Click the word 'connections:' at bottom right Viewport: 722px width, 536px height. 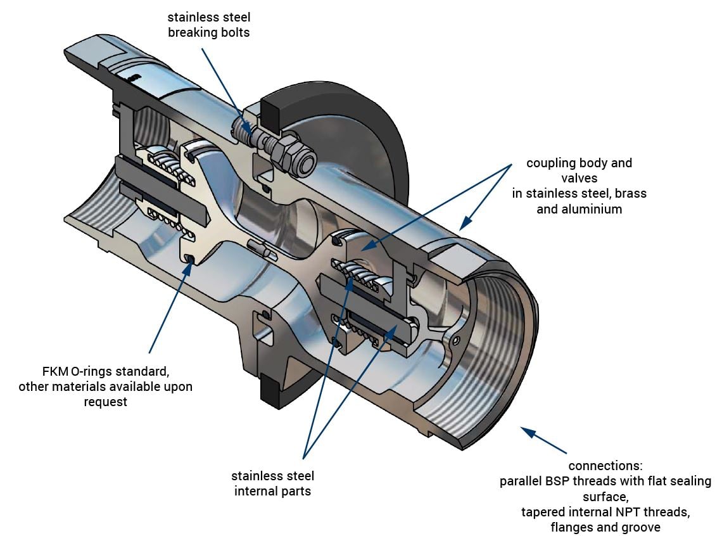click(605, 466)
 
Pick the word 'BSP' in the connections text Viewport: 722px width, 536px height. click(556, 481)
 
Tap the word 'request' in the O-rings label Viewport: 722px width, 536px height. click(105, 402)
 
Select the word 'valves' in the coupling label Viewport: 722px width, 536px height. click(579, 178)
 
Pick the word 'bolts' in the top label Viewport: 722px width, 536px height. click(234, 32)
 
